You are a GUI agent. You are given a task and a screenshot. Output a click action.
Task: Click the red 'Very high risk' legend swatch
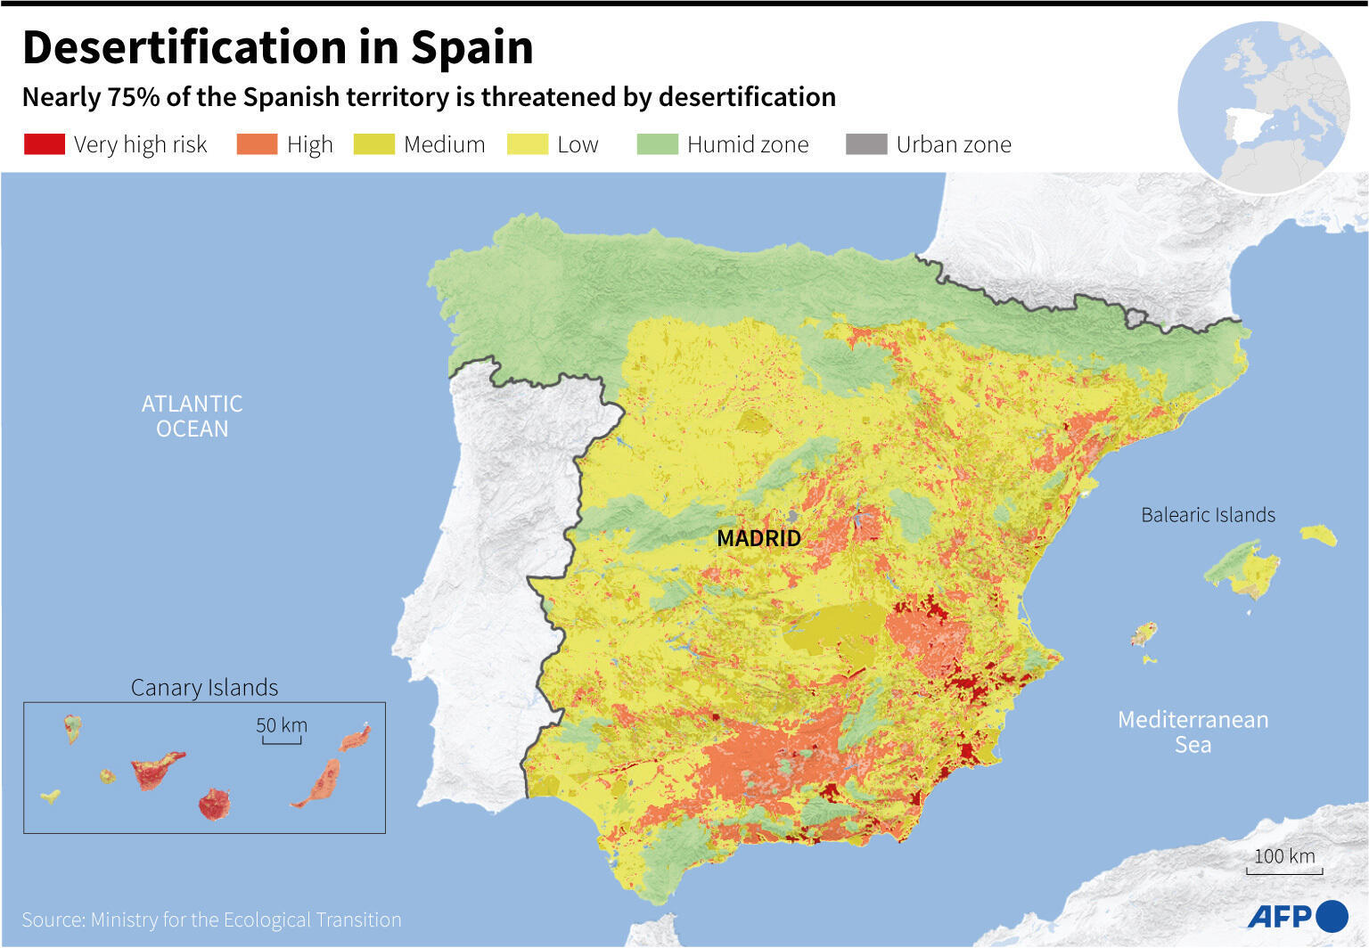[44, 144]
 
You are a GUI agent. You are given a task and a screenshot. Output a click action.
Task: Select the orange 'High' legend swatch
[257, 144]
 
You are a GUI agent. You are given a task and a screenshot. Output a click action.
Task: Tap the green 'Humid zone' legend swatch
[658, 144]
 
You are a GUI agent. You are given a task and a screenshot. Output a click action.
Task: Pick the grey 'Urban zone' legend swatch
[866, 144]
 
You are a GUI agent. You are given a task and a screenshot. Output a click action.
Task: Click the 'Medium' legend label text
[444, 144]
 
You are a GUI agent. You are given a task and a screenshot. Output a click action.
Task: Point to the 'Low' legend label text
[578, 144]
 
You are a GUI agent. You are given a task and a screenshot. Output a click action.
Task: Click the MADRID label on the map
[758, 538]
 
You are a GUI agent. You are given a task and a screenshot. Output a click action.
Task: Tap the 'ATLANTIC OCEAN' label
[192, 416]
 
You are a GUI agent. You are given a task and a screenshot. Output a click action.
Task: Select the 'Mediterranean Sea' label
[1193, 731]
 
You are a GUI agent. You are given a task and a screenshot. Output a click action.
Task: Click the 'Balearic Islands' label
[1208, 515]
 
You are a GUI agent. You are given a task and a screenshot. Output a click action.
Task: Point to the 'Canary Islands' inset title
[204, 688]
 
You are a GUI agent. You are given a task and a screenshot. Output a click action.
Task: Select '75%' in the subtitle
[134, 97]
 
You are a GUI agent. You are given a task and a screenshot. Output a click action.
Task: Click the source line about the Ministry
[211, 919]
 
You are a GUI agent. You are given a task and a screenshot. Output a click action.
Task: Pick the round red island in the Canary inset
[214, 804]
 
